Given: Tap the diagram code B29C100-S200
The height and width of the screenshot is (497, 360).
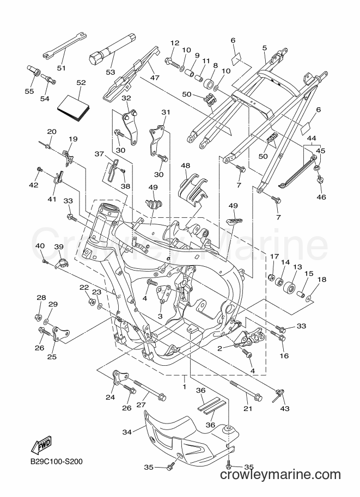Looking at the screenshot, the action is point(57,461).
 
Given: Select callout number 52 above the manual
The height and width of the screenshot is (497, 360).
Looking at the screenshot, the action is point(81,83).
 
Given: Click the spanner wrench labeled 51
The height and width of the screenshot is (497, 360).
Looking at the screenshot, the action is point(64,45).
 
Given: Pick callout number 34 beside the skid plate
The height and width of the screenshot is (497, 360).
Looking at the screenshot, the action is point(127,432).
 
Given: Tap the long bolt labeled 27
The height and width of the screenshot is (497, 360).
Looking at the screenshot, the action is point(150,389).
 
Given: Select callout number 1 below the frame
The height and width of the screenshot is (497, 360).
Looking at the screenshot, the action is point(184,387).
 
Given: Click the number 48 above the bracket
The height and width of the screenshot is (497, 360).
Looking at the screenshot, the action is point(186,166).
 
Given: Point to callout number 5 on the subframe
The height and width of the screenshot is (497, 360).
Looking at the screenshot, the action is point(265,48).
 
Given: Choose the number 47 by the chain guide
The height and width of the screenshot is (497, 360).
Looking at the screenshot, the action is point(155,77).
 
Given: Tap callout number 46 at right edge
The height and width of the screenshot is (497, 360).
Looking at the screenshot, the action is point(321,197).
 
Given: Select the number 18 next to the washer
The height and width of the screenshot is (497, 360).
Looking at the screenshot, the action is point(322,280).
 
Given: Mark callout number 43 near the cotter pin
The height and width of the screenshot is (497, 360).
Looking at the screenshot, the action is point(285,409).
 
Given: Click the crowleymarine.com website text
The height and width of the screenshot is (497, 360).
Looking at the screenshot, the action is point(280,475).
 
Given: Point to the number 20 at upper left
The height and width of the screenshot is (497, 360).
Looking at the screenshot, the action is point(52,132).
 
